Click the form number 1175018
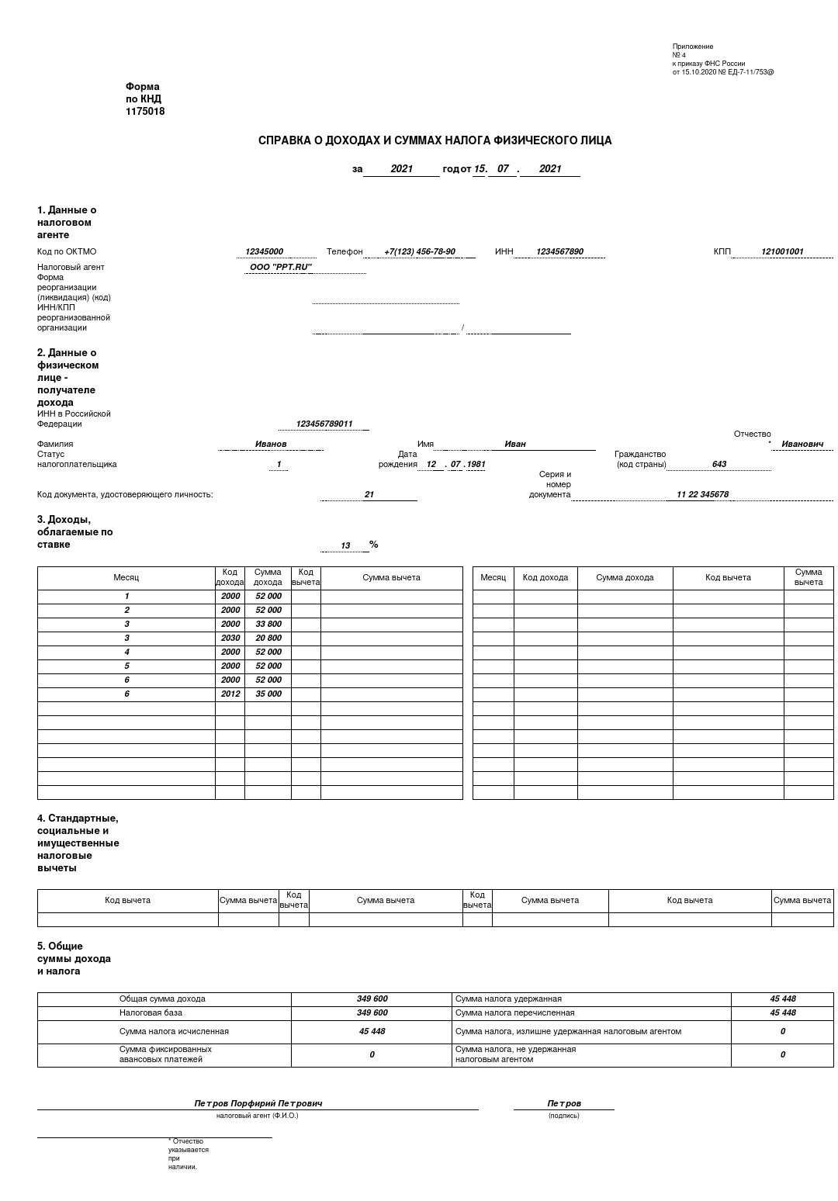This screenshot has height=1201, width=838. [145, 112]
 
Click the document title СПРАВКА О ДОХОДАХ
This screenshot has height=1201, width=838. [435, 140]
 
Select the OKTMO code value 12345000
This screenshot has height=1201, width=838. [264, 252]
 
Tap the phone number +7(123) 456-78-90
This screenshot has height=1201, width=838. [419, 252]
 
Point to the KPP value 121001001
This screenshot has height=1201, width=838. [782, 252]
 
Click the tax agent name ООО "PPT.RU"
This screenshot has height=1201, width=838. [280, 268]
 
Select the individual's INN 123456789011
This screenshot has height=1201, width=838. [324, 424]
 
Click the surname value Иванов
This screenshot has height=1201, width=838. [271, 445]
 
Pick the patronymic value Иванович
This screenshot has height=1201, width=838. [802, 445]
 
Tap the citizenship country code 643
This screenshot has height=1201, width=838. [719, 465]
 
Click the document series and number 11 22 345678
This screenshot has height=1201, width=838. [702, 495]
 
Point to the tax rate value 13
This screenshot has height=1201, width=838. [345, 546]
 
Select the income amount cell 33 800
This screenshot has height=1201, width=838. [268, 625]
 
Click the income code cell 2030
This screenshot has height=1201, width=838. [230, 639]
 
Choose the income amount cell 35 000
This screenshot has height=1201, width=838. [268, 694]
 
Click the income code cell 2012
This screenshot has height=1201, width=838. [230, 694]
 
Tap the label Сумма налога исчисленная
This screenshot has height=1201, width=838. [174, 1032]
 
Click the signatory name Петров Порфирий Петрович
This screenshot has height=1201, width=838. [258, 1103]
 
